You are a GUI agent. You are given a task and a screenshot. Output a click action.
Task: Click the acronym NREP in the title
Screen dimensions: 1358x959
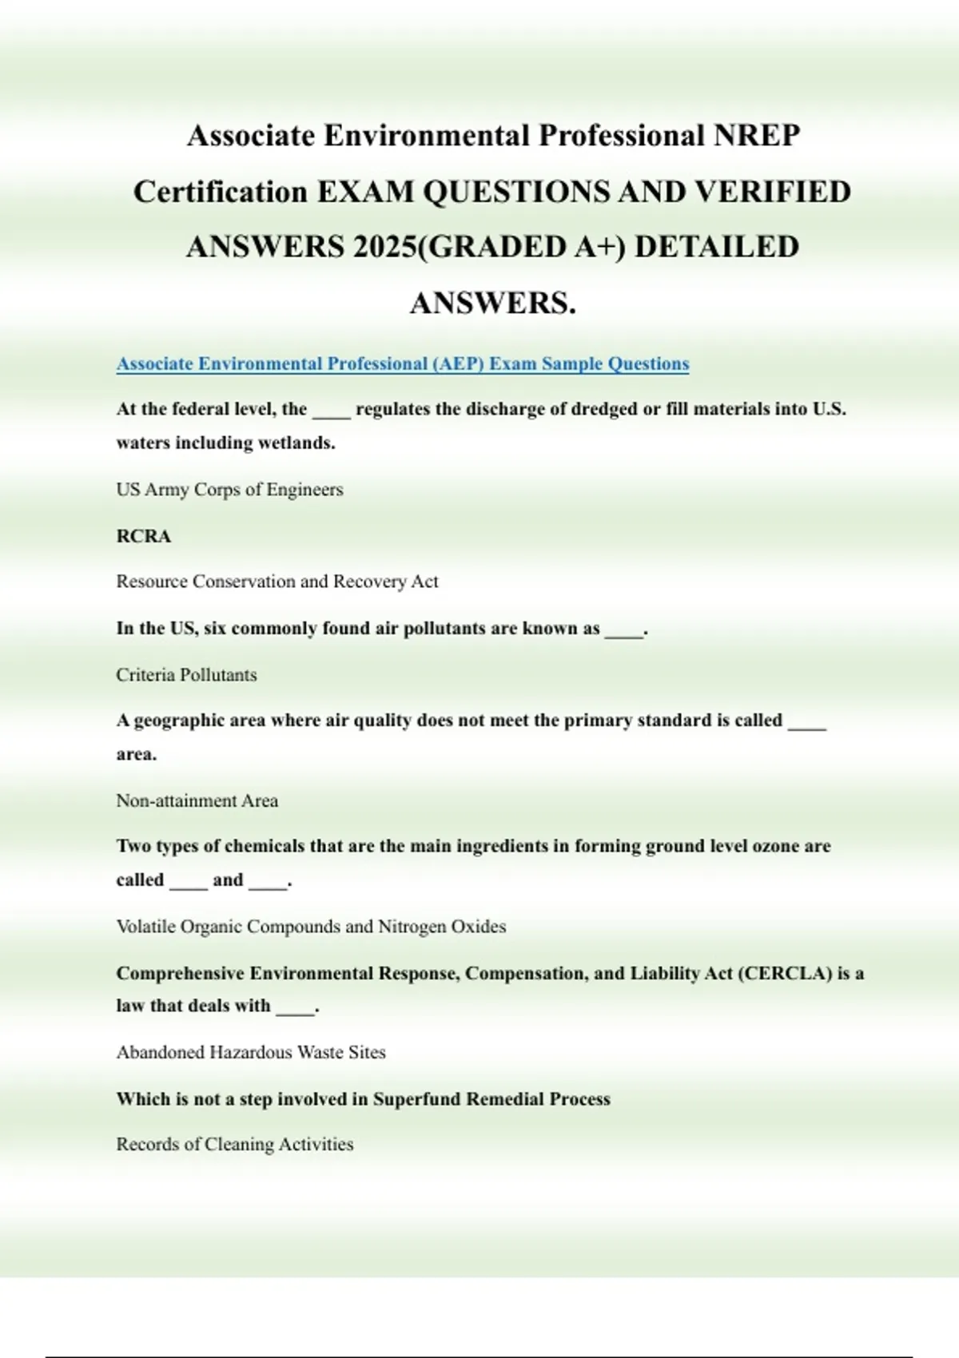[x=755, y=136]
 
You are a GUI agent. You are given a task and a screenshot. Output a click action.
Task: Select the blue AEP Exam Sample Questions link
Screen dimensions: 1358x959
[x=402, y=363]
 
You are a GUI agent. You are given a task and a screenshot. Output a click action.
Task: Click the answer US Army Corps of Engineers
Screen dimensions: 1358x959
[x=229, y=490]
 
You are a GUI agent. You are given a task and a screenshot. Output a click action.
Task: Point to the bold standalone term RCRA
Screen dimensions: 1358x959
[x=144, y=536]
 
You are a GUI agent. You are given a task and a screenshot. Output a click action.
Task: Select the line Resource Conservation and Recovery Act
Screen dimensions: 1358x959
[x=277, y=582]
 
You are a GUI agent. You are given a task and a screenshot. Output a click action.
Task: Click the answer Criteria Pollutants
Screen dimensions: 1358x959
[x=186, y=675]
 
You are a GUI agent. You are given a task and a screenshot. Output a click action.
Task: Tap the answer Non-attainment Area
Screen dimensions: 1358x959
[x=197, y=800]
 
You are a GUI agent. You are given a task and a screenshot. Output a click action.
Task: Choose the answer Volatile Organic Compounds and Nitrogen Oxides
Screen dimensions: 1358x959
[x=311, y=927]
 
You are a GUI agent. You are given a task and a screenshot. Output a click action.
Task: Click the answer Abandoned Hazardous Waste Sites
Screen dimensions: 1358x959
[x=251, y=1052]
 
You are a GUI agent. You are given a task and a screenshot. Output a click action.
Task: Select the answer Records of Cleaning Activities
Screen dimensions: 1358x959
[x=235, y=1144]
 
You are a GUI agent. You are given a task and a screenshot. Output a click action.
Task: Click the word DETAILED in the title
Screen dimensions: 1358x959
[x=716, y=247]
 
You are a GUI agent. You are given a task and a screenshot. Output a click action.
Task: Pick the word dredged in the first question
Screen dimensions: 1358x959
[x=604, y=409]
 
